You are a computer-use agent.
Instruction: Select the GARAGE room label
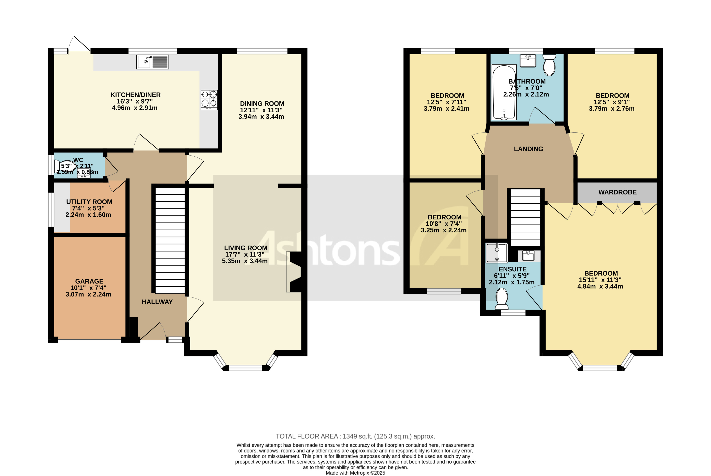pyautogui.click(x=89, y=282)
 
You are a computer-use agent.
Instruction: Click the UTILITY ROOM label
pyautogui.click(x=89, y=202)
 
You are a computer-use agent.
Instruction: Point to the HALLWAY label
pyautogui.click(x=157, y=302)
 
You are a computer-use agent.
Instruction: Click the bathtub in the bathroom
pyautogui.click(x=504, y=92)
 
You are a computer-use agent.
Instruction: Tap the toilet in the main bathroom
pyautogui.click(x=549, y=65)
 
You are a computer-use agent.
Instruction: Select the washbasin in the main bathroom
pyautogui.click(x=528, y=61)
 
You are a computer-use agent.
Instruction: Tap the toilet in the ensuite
pyautogui.click(x=502, y=298)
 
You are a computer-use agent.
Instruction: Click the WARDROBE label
pyautogui.click(x=617, y=192)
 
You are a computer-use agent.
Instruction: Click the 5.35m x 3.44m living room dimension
pyautogui.click(x=245, y=261)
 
